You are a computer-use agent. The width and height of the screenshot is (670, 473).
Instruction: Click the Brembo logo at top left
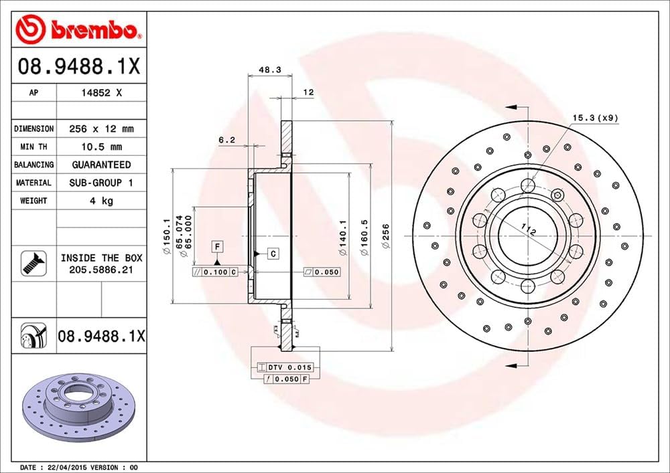point(78,30)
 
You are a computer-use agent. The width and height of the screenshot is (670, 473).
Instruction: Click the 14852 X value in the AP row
point(100,94)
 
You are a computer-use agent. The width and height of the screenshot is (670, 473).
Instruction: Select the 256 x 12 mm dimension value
point(101,128)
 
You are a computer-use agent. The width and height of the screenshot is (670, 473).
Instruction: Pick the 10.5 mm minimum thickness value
point(101,147)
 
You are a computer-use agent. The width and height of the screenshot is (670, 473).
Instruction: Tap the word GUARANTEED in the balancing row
point(101,165)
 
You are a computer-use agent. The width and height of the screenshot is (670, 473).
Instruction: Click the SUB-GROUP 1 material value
point(101,183)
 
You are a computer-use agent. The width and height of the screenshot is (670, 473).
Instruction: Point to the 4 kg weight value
point(101,201)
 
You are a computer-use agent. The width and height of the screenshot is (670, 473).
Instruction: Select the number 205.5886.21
point(100,269)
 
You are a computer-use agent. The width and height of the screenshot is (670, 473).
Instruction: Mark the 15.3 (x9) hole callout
point(595,118)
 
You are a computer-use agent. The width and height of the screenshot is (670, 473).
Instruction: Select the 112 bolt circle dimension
point(530,232)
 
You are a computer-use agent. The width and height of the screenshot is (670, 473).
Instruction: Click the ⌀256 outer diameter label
point(385,237)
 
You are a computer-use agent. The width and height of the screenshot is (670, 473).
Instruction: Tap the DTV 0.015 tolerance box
point(285,367)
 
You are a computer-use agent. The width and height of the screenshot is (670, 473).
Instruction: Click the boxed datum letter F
point(218,246)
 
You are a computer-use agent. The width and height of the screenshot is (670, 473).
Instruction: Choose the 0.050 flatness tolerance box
point(322,272)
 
